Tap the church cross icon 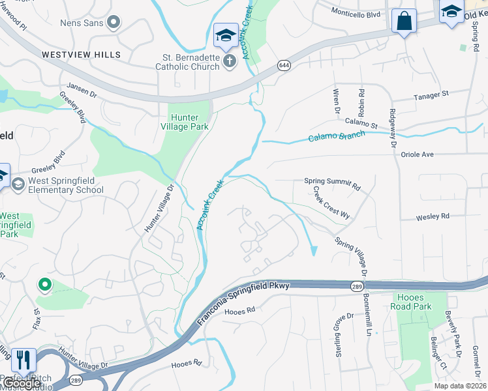(x=229, y=61)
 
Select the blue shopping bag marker (x=403, y=21)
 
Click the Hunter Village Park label (x=189, y=122)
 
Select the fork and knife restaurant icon (x=23, y=359)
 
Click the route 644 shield (x=283, y=65)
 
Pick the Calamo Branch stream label (x=337, y=136)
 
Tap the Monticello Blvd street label (x=356, y=12)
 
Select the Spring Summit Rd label (x=332, y=184)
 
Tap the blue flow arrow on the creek (x=314, y=250)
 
